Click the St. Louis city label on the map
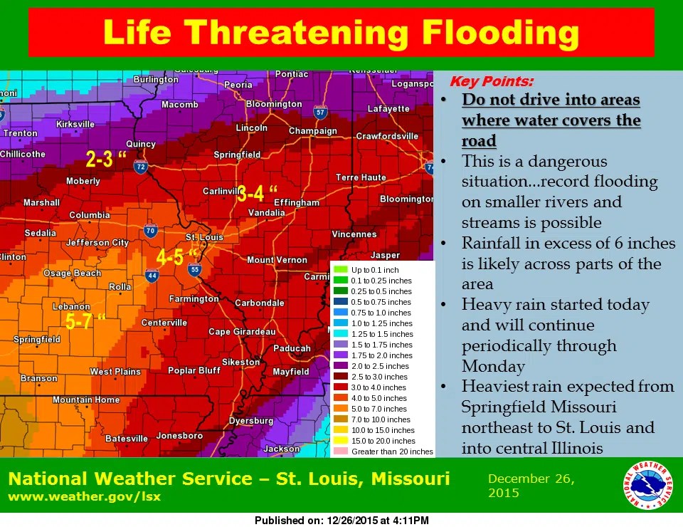point(204,237)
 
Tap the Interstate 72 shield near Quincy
point(141,167)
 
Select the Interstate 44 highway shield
point(152,276)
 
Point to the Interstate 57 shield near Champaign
point(320,113)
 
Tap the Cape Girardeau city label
point(241,332)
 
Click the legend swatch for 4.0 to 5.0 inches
point(340,398)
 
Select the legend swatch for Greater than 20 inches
point(340,452)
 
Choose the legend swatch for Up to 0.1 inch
point(340,270)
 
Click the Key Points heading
point(491,81)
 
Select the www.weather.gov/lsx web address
point(84,496)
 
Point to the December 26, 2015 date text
point(531,486)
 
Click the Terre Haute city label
point(361,177)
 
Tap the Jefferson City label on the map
point(97,243)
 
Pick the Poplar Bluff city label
point(194,370)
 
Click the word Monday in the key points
point(493,366)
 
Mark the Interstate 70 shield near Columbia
point(150,230)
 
